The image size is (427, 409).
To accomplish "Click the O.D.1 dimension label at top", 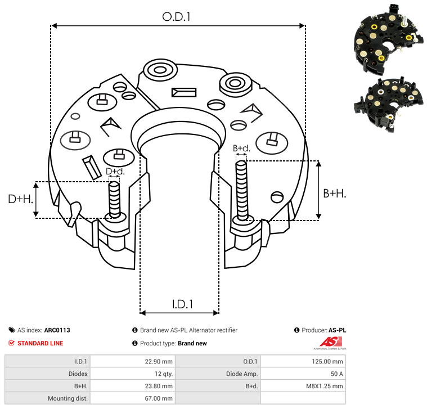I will [177, 17].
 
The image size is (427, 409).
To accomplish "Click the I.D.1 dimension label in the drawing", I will [182, 304].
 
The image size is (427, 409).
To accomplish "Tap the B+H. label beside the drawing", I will [335, 194].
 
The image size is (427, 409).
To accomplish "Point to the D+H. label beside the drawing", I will [20, 199].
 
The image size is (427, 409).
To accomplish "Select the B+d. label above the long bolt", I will [241, 149].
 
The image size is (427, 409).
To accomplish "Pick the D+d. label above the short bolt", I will [115, 171].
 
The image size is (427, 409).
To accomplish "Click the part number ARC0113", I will [57, 330].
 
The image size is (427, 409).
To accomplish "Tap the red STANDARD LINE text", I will [40, 343].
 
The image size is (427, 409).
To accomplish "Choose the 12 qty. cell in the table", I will [163, 374].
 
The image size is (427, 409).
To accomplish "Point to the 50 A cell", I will [336, 374].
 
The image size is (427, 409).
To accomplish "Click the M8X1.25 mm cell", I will [325, 386].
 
